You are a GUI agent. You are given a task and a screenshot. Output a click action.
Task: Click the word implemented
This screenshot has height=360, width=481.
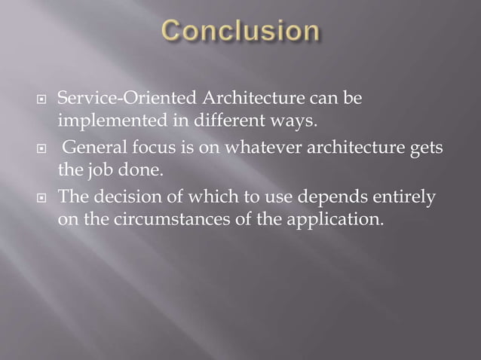tap(104, 119)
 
